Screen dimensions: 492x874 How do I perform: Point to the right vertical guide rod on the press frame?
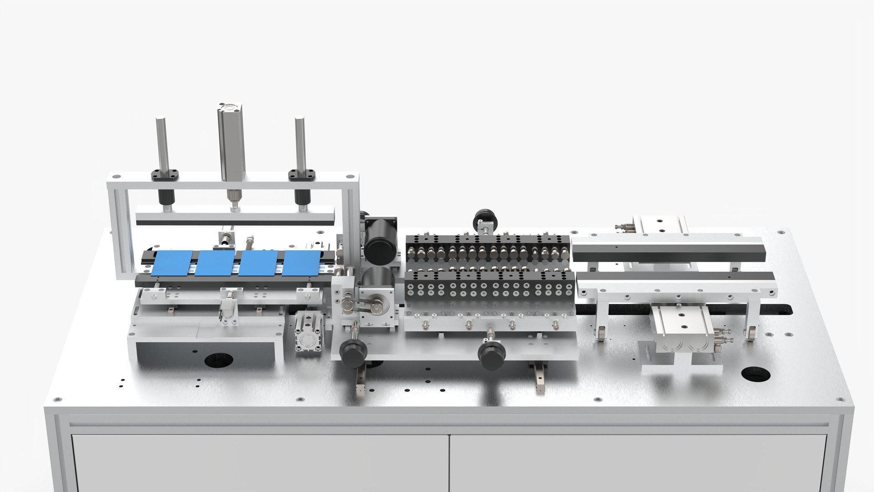pyautogui.click(x=300, y=143)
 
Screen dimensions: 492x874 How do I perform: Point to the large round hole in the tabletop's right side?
pyautogui.click(x=756, y=375)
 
